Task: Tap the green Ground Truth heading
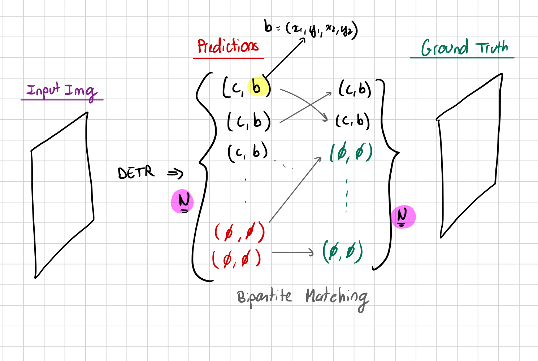click(x=464, y=48)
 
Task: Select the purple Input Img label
click(x=62, y=91)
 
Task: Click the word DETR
click(x=136, y=173)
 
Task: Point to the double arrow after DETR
click(x=175, y=174)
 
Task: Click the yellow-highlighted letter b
click(x=257, y=87)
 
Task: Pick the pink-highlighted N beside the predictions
click(x=183, y=201)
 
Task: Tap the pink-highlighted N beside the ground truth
click(x=403, y=217)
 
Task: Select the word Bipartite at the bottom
click(x=264, y=297)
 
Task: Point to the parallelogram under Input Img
click(x=62, y=195)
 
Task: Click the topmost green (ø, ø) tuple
click(x=351, y=153)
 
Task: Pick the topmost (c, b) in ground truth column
click(x=355, y=89)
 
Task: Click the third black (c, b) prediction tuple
click(x=248, y=152)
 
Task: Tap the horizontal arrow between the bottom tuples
click(x=292, y=252)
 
